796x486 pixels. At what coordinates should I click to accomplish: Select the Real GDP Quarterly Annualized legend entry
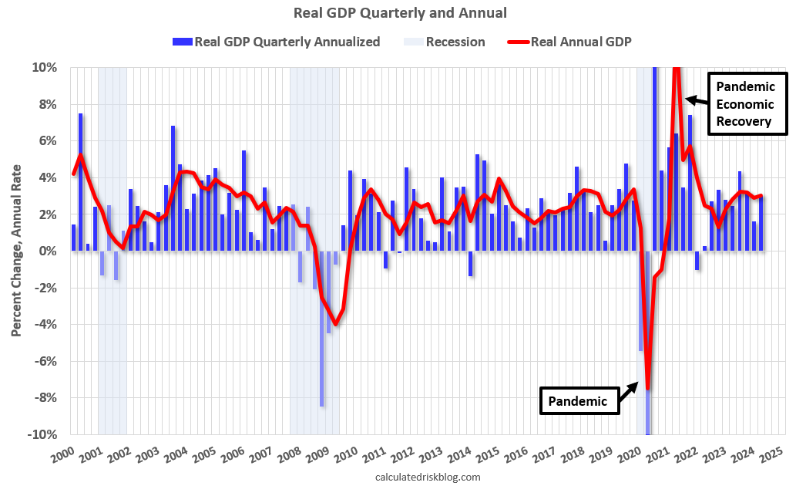(x=277, y=42)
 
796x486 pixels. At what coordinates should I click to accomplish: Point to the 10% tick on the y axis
(x=44, y=68)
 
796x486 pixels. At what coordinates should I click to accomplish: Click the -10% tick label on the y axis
(x=42, y=435)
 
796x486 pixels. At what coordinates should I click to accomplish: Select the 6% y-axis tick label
(x=46, y=141)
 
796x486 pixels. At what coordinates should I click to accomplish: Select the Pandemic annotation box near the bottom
(x=579, y=401)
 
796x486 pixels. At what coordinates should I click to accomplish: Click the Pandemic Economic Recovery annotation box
(x=747, y=104)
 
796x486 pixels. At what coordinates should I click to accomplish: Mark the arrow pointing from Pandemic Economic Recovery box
(x=696, y=99)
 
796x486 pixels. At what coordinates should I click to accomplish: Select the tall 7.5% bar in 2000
(x=81, y=182)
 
